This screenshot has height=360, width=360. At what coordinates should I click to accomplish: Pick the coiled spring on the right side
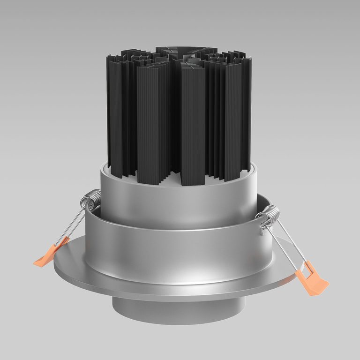pyautogui.click(x=269, y=217)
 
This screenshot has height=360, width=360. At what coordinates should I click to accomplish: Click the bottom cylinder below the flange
pyautogui.click(x=178, y=312)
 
